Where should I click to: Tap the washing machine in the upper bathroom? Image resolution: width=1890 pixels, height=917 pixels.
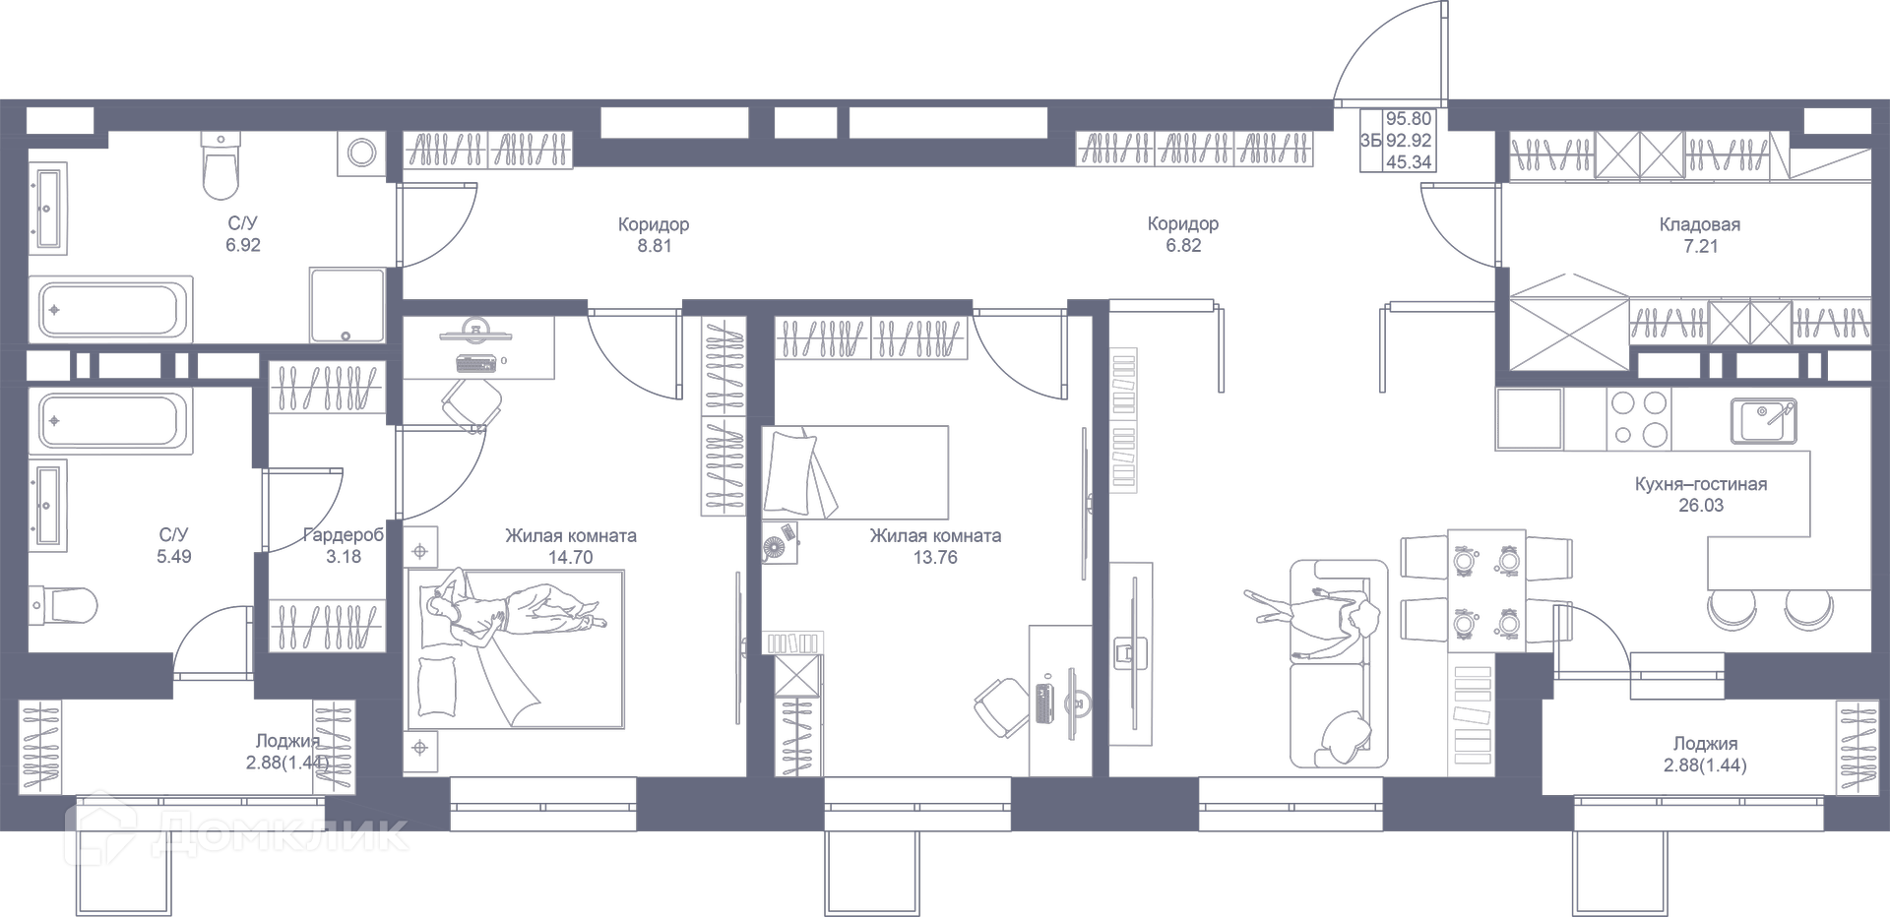361,153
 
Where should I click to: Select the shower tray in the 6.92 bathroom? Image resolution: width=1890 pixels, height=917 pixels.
346,305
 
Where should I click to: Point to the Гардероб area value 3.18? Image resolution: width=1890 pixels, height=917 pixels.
344,557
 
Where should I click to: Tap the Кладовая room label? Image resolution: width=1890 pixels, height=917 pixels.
1699,224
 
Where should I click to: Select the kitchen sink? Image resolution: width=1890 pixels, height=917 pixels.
1763,421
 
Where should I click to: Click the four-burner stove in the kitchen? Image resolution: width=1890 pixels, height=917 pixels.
1638,418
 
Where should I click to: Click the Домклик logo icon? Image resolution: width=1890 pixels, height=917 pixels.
99,829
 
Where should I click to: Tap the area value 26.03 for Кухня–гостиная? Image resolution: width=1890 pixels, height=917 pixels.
1700,506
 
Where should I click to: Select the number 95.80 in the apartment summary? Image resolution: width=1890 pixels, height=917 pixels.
1409,119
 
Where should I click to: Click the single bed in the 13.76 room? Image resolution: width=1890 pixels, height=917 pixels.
854,472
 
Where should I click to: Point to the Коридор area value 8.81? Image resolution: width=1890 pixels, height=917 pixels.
654,246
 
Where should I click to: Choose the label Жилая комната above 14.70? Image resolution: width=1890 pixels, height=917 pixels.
570,536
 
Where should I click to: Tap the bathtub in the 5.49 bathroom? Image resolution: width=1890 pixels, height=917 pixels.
110,421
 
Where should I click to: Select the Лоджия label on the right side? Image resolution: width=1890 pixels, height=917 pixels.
1705,744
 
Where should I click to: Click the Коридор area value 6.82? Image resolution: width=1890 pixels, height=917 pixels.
1183,246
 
